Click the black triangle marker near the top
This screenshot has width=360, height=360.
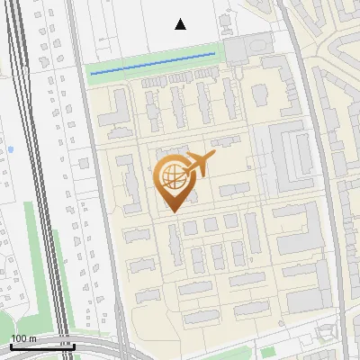pos(181,24)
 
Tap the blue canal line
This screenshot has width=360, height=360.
pos(153,62)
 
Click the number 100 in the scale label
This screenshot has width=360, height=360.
pos(19,338)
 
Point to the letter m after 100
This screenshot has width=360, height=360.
pos(32,338)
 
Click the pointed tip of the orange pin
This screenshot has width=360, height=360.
pos(172,211)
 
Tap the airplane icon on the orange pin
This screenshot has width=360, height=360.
pos(200,163)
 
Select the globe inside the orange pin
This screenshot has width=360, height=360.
pos(171,175)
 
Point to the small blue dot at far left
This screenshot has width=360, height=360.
pos(10,148)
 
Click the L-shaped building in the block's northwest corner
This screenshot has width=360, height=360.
pos(112,109)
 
